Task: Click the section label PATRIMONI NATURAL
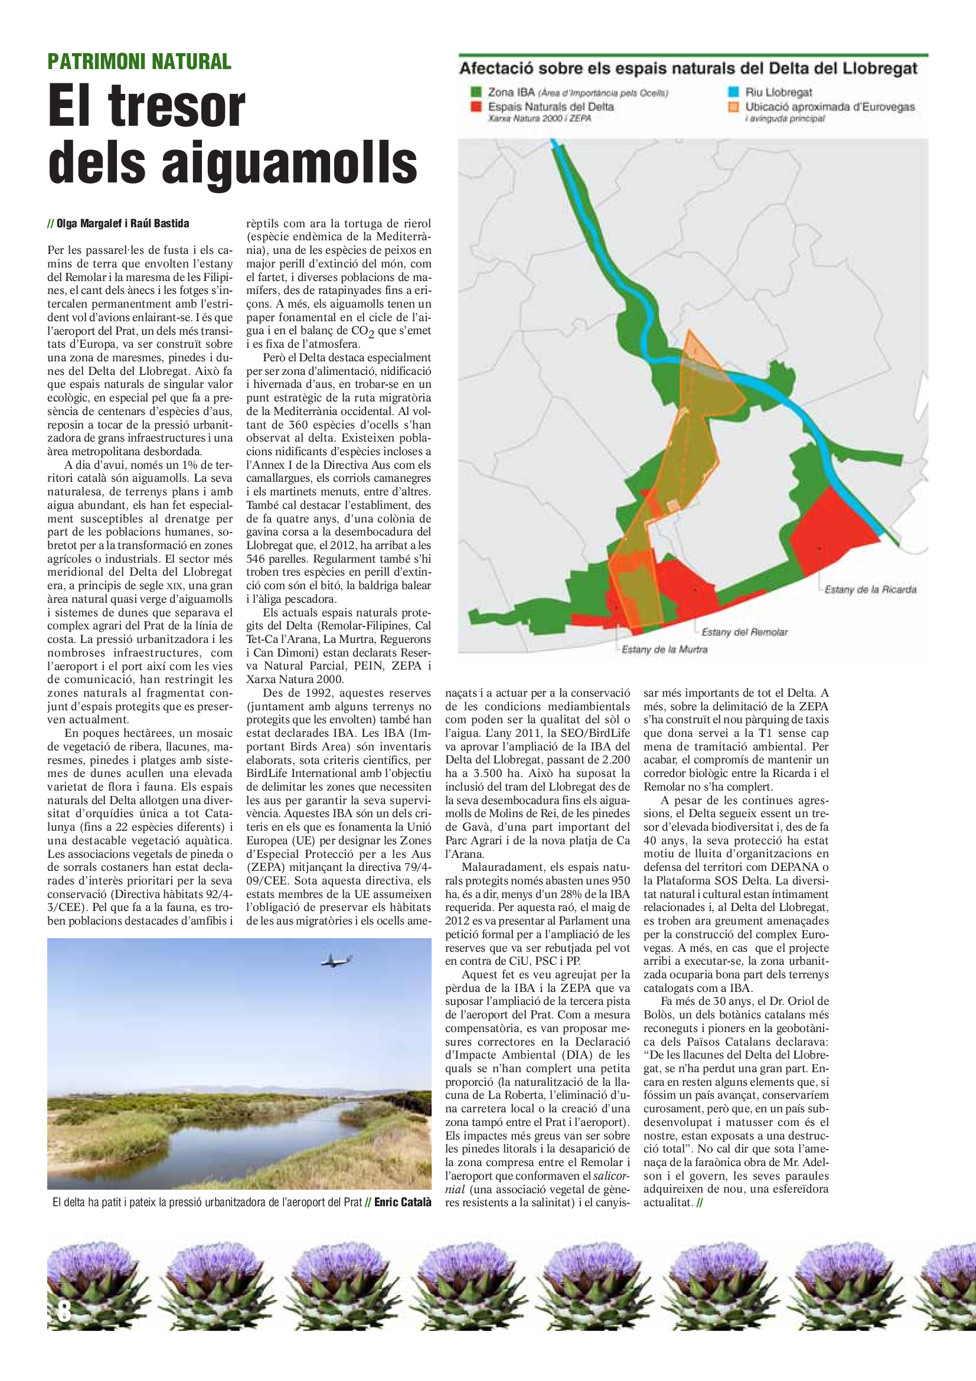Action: pos(139,61)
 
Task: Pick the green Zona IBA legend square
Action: pos(476,92)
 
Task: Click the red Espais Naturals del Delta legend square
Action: pos(476,107)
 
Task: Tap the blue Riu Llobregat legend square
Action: pos(733,92)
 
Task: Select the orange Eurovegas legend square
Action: pos(733,107)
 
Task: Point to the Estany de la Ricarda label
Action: pos(870,589)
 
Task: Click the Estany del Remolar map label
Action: pos(744,632)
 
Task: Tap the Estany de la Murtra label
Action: pos(664,649)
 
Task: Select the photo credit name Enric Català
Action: pos(402,1202)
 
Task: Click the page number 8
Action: pos(64,1311)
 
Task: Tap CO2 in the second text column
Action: pos(362,331)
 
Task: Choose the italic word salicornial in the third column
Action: pos(612,1176)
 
